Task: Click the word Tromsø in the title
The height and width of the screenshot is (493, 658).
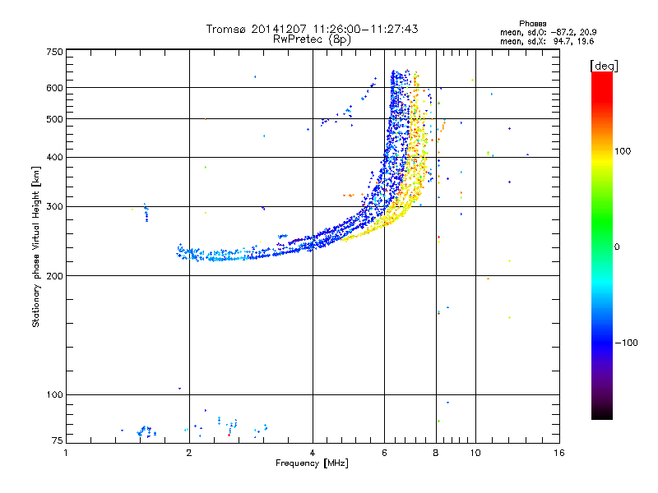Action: click(226, 29)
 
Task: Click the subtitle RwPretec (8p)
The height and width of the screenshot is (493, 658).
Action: click(312, 39)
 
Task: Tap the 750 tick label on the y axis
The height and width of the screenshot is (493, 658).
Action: click(54, 52)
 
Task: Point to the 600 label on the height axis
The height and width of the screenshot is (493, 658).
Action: click(54, 88)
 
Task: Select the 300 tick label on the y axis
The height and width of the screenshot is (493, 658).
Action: click(54, 207)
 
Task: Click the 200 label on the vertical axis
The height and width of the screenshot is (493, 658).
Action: click(54, 276)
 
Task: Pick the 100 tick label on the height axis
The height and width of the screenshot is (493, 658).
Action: click(54, 395)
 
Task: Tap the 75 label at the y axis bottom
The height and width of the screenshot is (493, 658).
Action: click(58, 440)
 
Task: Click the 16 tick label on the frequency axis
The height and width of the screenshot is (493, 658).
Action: click(559, 453)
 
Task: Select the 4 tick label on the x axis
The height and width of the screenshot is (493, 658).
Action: click(313, 453)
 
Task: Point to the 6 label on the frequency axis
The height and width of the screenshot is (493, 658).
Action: click(384, 453)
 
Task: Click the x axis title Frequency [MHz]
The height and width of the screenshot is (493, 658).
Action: click(312, 463)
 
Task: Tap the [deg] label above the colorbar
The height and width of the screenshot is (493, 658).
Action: click(604, 66)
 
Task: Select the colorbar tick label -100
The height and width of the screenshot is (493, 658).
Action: click(627, 343)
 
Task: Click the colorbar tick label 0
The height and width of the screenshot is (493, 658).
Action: click(617, 247)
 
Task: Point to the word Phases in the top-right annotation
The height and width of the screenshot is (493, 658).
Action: click(532, 24)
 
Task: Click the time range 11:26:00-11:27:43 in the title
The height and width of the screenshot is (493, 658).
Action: click(365, 29)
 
